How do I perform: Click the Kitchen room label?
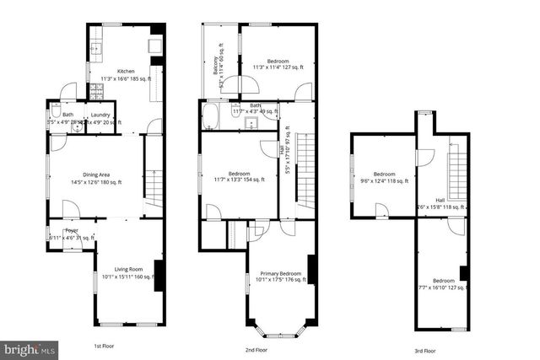coord(126,71)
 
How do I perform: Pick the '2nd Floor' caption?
coord(256,348)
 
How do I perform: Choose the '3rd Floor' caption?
coord(424,350)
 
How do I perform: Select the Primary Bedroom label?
coord(280,273)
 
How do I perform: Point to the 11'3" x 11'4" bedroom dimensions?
coord(278,69)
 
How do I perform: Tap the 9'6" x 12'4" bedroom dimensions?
coord(384,180)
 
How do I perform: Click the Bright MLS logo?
coord(30,347)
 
